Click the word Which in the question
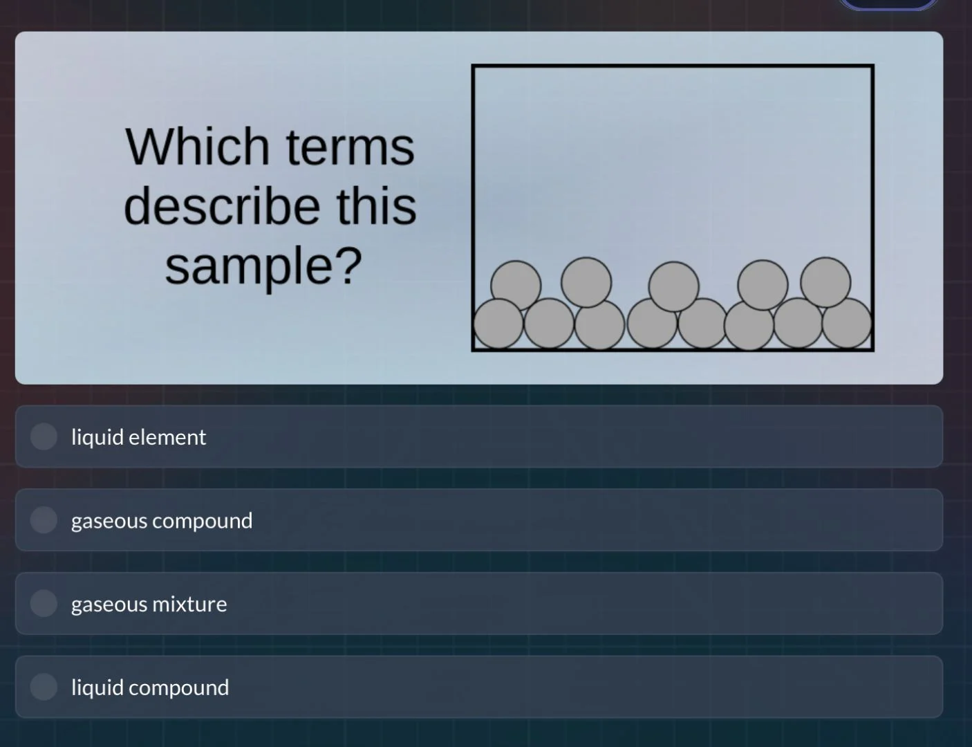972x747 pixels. tap(197, 147)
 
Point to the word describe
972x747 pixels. tap(222, 206)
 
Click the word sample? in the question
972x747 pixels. tap(263, 266)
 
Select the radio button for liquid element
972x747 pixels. tap(44, 436)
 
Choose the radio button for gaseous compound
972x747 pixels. tap(44, 520)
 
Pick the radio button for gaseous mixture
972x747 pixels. tap(44, 604)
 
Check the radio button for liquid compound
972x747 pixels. tap(44, 687)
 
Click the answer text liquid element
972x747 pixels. tap(138, 437)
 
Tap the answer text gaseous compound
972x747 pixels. tap(162, 521)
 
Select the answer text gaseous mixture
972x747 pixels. tap(149, 605)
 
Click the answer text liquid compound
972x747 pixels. tap(149, 688)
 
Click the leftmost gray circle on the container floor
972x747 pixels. tap(498, 324)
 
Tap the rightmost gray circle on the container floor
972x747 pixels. tap(848, 323)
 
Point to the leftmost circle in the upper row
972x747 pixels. tap(516, 285)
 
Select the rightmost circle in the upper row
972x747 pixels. tap(825, 282)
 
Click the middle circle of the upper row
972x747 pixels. tap(674, 286)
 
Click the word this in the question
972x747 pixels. tap(377, 206)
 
